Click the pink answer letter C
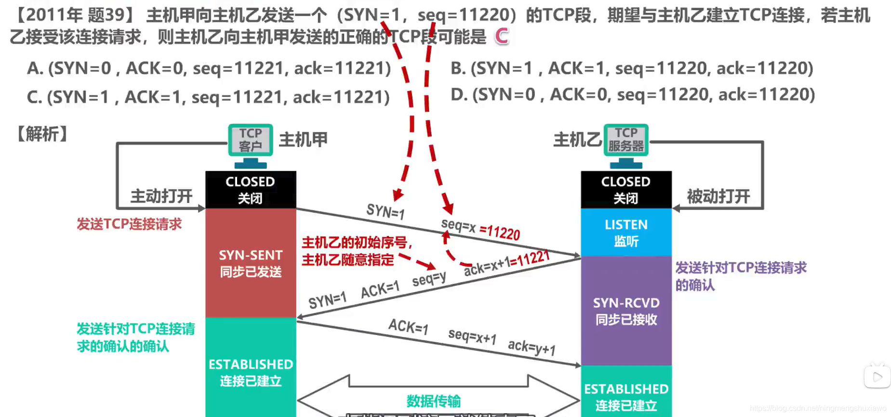point(502,36)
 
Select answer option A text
point(209,68)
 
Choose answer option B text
point(632,68)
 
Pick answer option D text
point(633,94)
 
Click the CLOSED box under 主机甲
point(251,189)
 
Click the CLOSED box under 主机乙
point(626,189)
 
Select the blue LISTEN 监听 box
point(626,232)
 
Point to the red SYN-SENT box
point(251,263)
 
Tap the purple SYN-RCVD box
point(626,311)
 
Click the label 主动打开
point(161,196)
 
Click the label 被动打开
point(718,196)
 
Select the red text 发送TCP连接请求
point(129,224)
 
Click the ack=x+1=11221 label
point(507,263)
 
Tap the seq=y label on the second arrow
point(429,279)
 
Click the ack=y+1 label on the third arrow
point(532,347)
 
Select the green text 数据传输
point(434,401)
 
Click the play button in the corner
point(877,377)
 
